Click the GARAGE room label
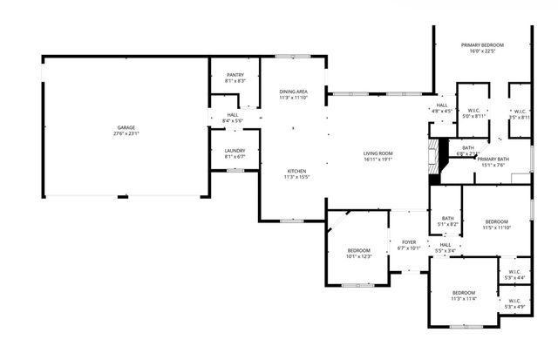pyautogui.click(x=126, y=128)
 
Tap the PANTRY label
pyautogui.click(x=235, y=75)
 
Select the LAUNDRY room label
pyautogui.click(x=235, y=151)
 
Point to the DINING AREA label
pyautogui.click(x=293, y=92)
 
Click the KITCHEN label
pyautogui.click(x=296, y=170)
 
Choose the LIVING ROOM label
pyautogui.click(x=379, y=153)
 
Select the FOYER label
pyautogui.click(x=409, y=241)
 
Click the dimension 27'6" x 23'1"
pyautogui.click(x=126, y=134)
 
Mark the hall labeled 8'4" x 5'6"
pyautogui.click(x=233, y=117)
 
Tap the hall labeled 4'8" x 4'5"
pyautogui.click(x=442, y=108)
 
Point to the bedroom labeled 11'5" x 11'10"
pyautogui.click(x=497, y=225)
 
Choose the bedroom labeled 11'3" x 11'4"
pyautogui.click(x=463, y=295)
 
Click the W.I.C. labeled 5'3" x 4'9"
pyautogui.click(x=514, y=302)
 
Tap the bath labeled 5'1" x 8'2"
pyautogui.click(x=447, y=221)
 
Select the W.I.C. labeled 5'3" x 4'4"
pyautogui.click(x=514, y=275)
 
